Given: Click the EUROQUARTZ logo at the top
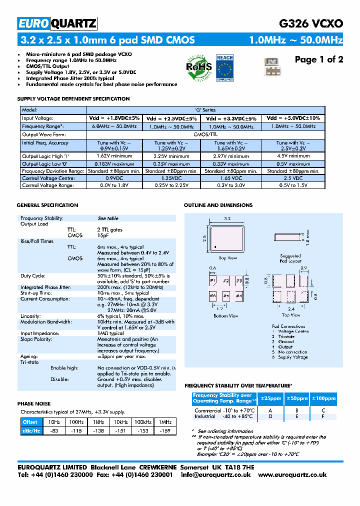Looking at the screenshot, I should (x=57, y=23).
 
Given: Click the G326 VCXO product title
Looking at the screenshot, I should (x=310, y=23).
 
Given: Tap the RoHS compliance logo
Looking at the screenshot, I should (x=199, y=67).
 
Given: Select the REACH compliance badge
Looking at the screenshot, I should (x=224, y=67).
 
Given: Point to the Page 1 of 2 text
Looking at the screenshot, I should (x=318, y=60).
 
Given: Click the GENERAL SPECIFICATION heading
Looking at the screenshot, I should (x=47, y=205).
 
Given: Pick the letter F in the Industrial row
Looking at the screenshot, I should (x=323, y=416).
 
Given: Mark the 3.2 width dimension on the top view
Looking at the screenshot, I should (x=227, y=219).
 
